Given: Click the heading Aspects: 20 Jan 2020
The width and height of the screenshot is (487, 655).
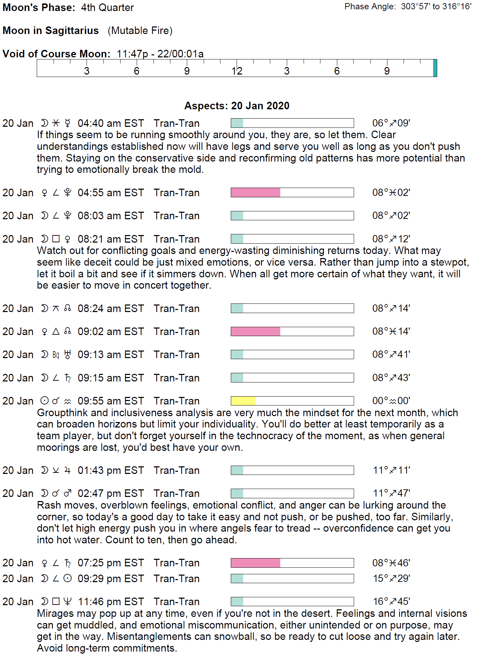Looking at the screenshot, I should click(237, 106).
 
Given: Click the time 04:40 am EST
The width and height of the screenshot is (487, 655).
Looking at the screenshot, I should click(111, 123).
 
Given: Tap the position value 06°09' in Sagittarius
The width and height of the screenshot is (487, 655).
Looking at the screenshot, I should click(391, 123).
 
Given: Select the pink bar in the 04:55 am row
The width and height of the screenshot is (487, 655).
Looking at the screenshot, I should click(256, 192).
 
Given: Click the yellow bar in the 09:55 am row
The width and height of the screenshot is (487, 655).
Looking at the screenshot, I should click(243, 401).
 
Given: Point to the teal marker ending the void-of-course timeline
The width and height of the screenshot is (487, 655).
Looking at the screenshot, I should click(435, 68).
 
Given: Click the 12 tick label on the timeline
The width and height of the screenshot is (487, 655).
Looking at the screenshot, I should click(237, 71).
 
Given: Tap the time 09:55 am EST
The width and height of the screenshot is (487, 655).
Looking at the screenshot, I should click(111, 401).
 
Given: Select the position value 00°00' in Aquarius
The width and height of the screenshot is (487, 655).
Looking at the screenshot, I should click(391, 401).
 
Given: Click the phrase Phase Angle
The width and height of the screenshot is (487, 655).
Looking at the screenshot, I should click(370, 7).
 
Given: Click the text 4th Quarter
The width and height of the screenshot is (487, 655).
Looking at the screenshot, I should click(107, 8).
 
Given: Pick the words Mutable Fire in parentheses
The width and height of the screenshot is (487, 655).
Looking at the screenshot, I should click(140, 31).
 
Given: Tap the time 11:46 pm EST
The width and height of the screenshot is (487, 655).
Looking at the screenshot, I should click(111, 602).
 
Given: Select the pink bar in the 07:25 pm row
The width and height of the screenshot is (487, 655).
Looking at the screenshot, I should click(256, 563).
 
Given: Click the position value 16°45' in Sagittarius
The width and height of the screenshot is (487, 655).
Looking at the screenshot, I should click(392, 601).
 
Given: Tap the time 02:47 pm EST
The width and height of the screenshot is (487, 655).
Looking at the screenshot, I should click(111, 493).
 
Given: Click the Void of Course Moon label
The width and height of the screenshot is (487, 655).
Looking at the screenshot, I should click(56, 54).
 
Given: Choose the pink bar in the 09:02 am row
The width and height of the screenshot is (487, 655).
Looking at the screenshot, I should click(256, 331).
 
